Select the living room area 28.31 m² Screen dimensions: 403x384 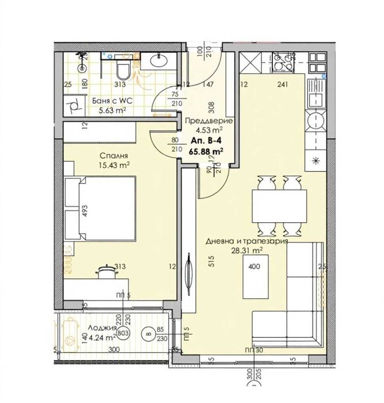click(246, 250)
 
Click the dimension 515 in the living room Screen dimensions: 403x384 click(212, 260)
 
